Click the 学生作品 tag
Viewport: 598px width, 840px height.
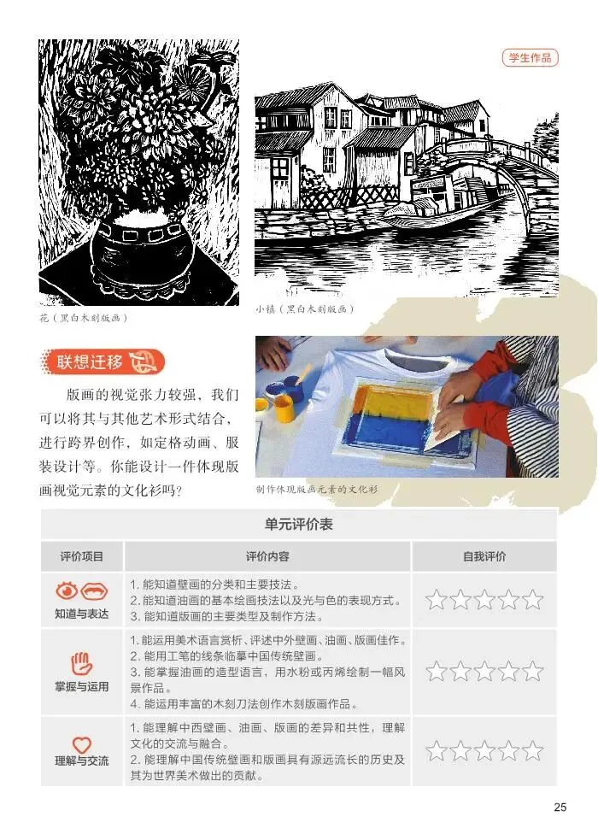click(530, 58)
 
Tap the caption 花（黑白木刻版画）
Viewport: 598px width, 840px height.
click(85, 318)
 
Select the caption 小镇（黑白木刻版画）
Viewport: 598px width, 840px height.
click(305, 309)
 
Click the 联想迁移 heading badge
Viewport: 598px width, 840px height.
click(103, 362)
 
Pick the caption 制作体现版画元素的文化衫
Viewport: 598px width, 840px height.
click(317, 489)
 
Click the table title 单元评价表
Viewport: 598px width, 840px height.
click(299, 524)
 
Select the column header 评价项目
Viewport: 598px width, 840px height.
click(82, 556)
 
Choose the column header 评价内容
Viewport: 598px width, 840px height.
click(267, 556)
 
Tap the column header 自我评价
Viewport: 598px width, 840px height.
click(484, 556)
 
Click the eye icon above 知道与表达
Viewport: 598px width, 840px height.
click(67, 591)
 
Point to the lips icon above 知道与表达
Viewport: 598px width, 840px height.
click(95, 591)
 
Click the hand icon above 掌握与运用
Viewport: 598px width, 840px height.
click(82, 664)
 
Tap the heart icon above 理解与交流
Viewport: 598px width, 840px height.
click(82, 744)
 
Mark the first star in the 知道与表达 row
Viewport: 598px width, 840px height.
click(437, 600)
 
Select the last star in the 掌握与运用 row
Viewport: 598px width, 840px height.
click(533, 672)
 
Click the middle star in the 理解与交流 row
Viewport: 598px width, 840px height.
click(484, 751)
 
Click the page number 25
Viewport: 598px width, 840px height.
click(560, 808)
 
